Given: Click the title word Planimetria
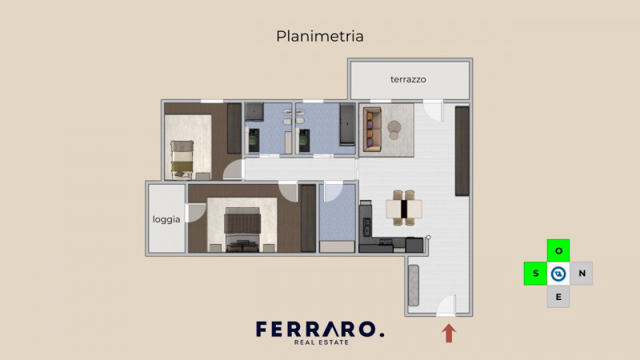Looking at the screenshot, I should pos(320,36).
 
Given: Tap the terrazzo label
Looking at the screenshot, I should pos(408,79).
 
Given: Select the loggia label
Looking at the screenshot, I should pos(166,218).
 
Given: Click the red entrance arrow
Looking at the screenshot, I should pos(448,333).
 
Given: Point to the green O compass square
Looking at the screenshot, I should pos(558,250).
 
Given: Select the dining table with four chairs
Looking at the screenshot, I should pos(404,209).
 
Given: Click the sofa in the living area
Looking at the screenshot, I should pos(372,130).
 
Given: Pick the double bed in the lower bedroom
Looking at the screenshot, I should pos(242,229).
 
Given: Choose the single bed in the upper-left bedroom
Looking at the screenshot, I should pos(183,157).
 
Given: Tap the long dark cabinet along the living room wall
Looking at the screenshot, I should pos(462,150).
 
